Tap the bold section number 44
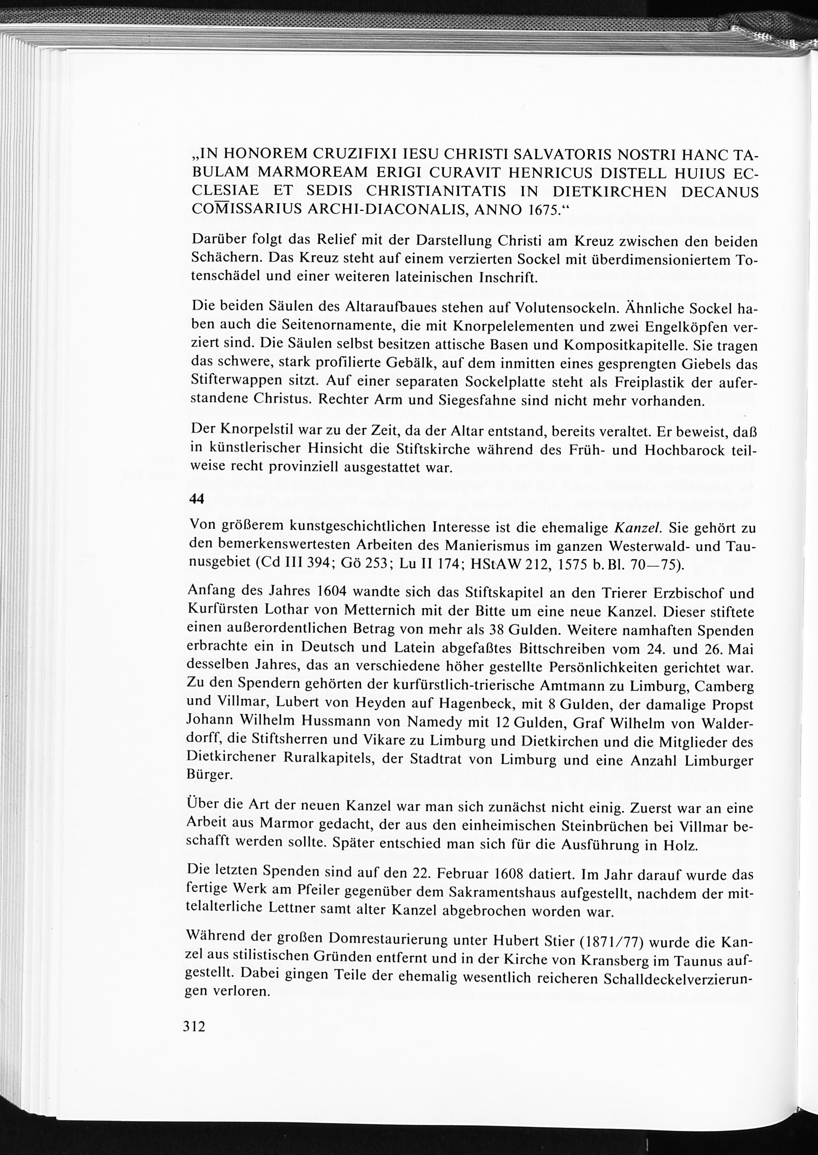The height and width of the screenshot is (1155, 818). (196, 499)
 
